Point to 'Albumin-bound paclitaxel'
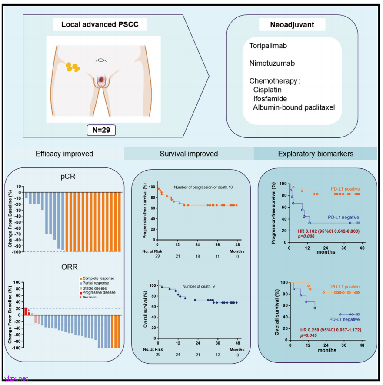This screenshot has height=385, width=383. [x=294, y=107]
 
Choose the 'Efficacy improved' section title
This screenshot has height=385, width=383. [x=64, y=154]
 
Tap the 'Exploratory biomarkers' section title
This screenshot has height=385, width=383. [x=315, y=154]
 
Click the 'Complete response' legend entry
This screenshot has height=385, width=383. [x=97, y=278]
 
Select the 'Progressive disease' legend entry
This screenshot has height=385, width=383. [x=97, y=292]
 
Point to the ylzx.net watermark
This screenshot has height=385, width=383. [x=16, y=378]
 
